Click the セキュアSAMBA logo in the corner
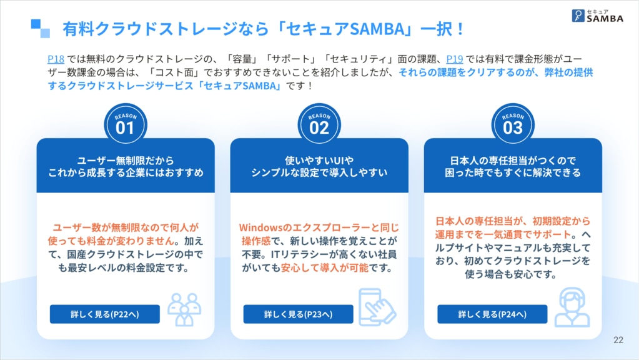[597, 16]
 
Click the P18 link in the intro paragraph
[56, 59]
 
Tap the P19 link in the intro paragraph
[454, 59]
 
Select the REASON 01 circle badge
[125, 124]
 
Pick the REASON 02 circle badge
[319, 124]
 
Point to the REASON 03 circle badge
[513, 124]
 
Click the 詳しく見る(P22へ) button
[105, 314]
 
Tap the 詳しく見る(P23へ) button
[299, 314]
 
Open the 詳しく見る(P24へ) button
[492, 314]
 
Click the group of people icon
[184, 309]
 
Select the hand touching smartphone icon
[377, 307]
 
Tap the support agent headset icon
[572, 307]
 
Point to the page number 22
[618, 340]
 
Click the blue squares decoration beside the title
[41, 29]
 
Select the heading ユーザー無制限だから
[126, 160]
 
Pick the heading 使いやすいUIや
[319, 160]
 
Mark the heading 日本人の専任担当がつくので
[513, 160]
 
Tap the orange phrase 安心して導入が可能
[324, 268]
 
